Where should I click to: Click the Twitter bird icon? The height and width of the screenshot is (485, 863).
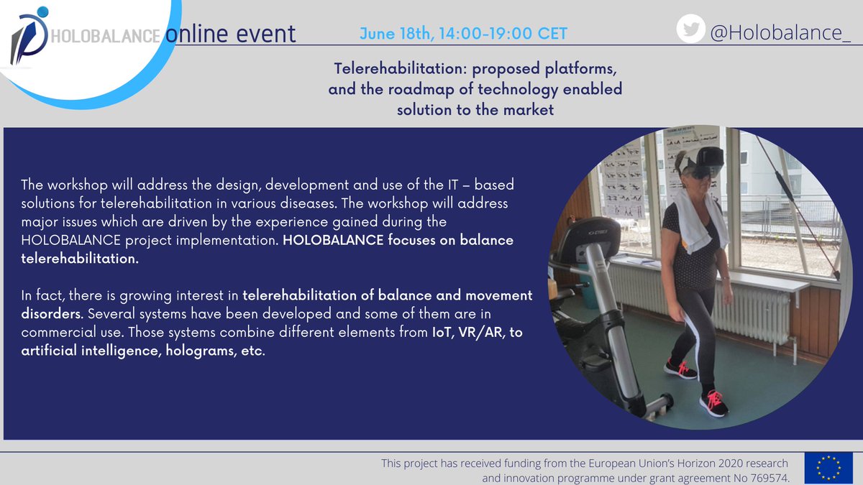691,29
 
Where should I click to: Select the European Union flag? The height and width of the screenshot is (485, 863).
828,468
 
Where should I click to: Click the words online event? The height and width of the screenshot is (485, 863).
230,33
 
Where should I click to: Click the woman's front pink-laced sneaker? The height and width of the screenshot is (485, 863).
714,403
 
